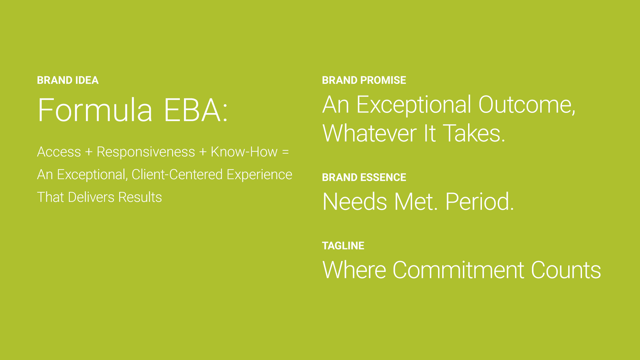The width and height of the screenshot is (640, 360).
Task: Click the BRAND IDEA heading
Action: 68,80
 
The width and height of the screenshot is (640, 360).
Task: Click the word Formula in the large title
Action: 95,110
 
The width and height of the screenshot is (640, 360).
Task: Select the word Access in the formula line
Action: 59,152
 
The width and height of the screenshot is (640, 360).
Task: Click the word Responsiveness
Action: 146,152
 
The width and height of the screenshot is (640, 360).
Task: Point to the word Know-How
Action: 244,152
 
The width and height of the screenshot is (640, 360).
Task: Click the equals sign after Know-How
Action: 285,152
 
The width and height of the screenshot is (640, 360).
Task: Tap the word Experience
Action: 259,175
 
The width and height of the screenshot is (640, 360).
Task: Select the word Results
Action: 140,197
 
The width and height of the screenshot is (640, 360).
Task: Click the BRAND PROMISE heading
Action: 364,80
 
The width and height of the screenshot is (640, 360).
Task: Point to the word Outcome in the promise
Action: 526,105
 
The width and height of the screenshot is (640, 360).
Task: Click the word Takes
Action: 474,134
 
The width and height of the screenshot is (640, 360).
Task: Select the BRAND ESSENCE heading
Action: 364,177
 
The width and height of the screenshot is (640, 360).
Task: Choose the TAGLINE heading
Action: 343,246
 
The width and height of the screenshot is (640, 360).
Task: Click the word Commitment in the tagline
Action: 458,270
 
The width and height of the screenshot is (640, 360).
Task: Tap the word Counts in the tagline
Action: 566,270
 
